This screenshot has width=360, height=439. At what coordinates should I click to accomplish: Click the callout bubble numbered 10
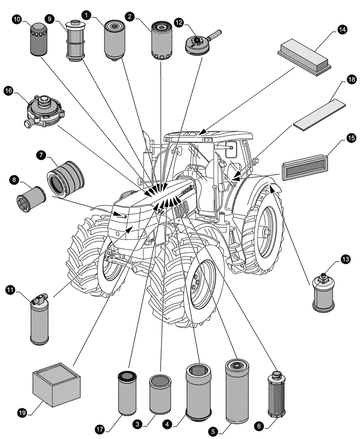point(16,21)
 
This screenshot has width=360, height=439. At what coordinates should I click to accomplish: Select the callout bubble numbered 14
point(342,29)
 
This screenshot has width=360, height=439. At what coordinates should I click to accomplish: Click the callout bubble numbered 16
point(8,90)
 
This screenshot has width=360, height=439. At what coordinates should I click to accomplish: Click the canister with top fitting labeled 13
point(324,293)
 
